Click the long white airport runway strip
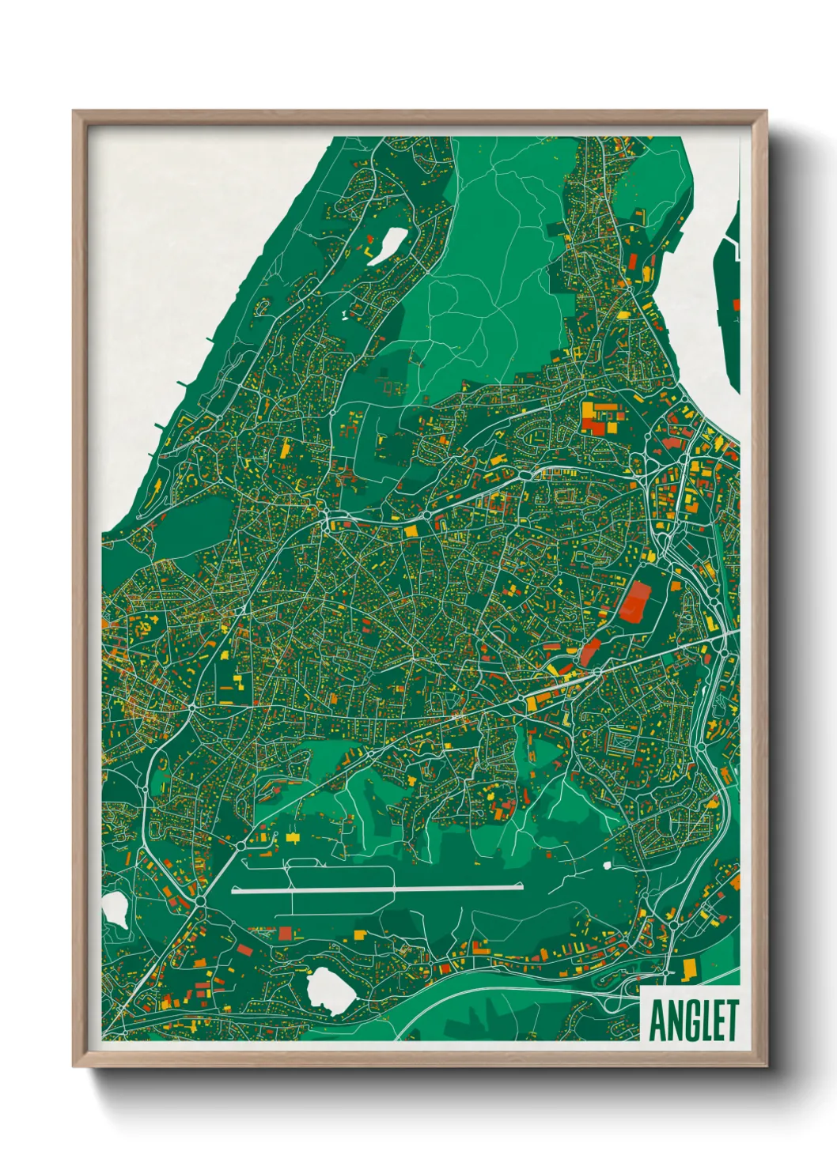[x=377, y=889]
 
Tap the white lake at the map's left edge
[x=116, y=910]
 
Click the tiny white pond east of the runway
[x=607, y=865]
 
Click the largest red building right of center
[x=634, y=602]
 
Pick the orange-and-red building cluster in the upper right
[x=601, y=416]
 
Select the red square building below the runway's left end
[x=284, y=934]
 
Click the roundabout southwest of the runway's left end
[x=199, y=901]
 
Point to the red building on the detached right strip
[x=736, y=304]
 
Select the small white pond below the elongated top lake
[x=345, y=315]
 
